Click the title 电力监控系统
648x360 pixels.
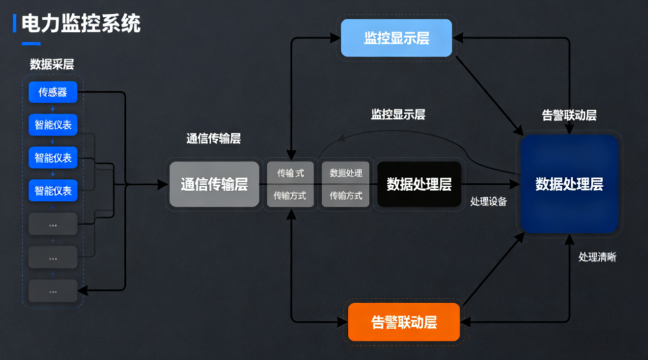81,25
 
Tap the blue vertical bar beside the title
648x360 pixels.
15,25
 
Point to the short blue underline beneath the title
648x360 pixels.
31,44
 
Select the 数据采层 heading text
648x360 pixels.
52,65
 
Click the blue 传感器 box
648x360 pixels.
53,93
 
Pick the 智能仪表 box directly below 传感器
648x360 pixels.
53,125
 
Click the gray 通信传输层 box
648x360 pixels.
214,184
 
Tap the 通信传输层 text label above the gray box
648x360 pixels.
213,139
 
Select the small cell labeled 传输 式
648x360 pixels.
290,172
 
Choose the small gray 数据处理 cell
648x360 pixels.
346,172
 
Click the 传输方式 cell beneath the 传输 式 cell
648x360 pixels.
290,196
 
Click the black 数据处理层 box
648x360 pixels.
419,184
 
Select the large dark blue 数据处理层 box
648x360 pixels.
569,184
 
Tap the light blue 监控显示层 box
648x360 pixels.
397,38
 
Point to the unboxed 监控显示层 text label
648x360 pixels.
398,114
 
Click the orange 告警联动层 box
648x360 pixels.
404,322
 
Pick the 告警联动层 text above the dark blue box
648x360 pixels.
569,115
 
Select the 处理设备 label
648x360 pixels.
489,201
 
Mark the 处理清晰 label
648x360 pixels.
597,257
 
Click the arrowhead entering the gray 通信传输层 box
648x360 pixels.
163,184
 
